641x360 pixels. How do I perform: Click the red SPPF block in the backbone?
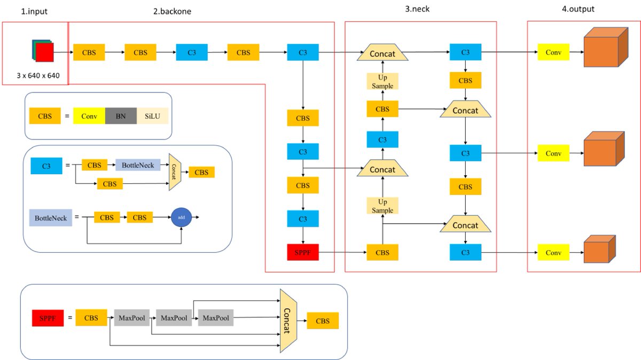coord(303,252)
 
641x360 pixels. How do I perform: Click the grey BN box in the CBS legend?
coord(121,115)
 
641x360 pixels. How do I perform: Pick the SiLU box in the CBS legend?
coord(152,115)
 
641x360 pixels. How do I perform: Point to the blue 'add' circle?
coord(181,218)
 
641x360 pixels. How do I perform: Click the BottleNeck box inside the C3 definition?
coord(138,166)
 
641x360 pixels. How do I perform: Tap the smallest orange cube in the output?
coord(598,250)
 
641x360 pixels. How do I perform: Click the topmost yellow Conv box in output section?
coord(553,52)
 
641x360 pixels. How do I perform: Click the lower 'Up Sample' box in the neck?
coord(382,206)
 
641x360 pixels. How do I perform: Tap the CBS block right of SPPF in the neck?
coord(382,252)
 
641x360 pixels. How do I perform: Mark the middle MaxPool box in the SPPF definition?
coord(174,318)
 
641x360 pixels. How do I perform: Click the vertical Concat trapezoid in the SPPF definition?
coord(288,320)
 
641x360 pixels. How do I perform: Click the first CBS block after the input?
coord(89,52)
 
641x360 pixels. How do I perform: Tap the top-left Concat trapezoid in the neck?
coord(382,53)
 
